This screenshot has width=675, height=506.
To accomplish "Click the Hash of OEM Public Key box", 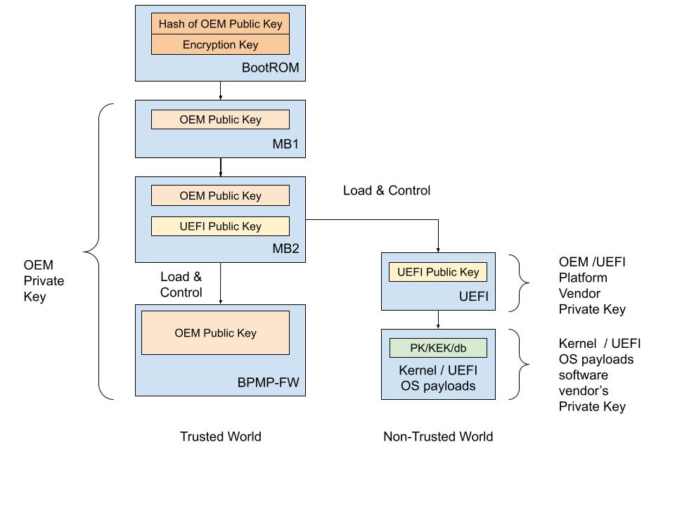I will (220, 24).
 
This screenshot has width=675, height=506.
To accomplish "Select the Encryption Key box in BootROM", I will (220, 45).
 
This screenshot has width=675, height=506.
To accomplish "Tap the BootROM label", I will (270, 68).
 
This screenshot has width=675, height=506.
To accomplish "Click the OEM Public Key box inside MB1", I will (220, 119).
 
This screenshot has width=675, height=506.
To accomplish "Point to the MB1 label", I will (285, 145).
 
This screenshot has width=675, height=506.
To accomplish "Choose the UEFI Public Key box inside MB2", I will (220, 226).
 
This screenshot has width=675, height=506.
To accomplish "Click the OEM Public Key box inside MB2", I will (220, 196).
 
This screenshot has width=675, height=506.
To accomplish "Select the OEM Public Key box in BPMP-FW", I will (215, 333).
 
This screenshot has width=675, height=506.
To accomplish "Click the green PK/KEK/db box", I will (438, 348).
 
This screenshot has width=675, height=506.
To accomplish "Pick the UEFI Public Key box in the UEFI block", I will (438, 272).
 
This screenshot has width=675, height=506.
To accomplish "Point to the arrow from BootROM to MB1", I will (221, 91).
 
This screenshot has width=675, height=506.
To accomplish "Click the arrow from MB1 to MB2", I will (221, 167).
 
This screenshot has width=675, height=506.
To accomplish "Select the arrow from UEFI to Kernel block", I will (438, 320).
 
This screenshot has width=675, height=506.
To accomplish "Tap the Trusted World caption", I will (220, 436).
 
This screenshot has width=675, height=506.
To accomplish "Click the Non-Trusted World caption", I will (438, 436).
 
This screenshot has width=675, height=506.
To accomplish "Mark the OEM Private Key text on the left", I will (44, 280).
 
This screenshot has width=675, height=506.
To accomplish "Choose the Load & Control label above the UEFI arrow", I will (386, 190).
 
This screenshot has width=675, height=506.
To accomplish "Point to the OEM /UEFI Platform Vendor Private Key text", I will (592, 285).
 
